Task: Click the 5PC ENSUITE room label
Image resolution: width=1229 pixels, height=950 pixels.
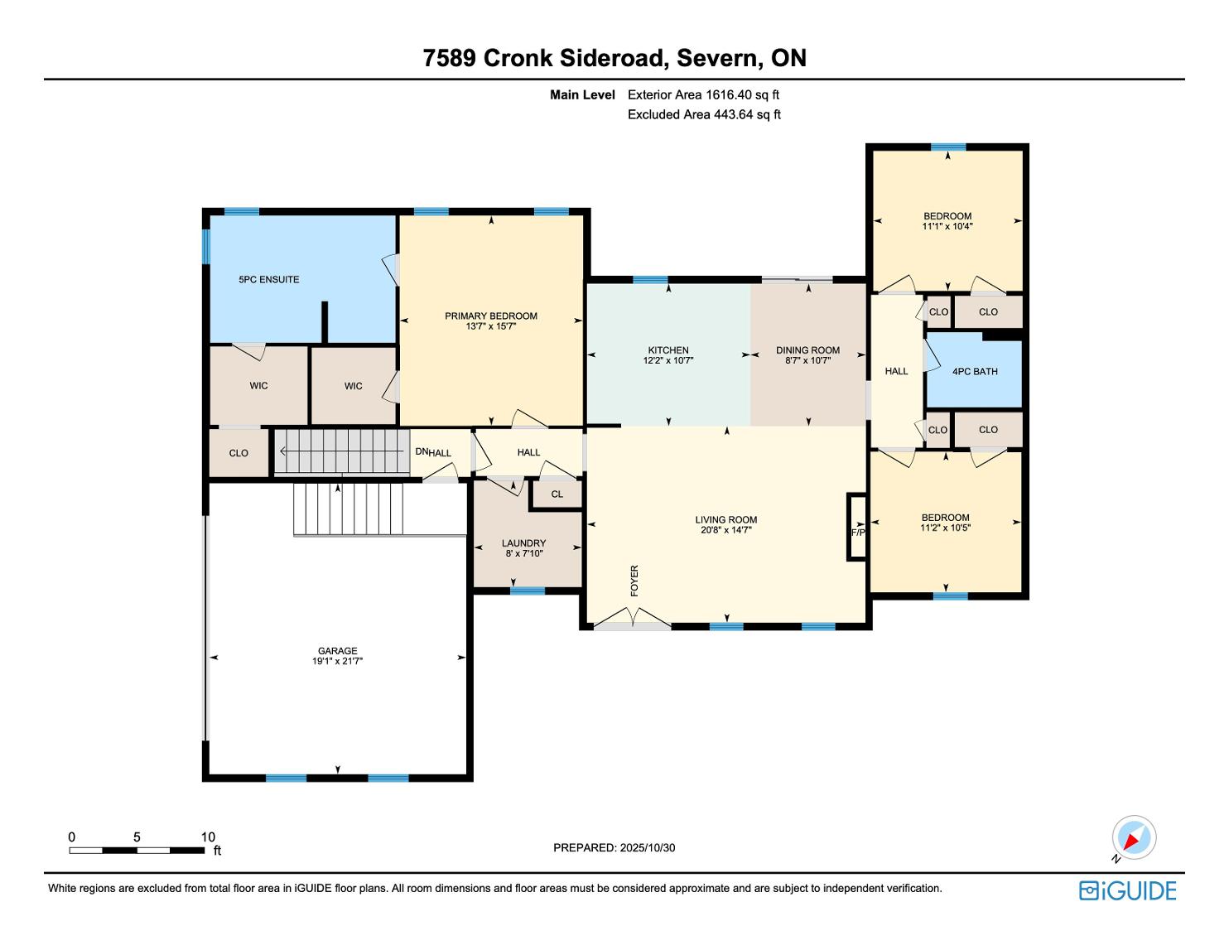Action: pos(268,279)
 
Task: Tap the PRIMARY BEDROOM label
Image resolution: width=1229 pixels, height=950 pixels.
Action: pos(491,316)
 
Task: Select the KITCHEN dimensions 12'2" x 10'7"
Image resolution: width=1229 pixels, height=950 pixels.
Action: pos(668,360)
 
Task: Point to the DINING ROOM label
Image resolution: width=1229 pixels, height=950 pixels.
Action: pos(807,350)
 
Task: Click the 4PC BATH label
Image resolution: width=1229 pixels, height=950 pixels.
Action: pos(975,372)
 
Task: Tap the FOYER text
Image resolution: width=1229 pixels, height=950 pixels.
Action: pos(634,580)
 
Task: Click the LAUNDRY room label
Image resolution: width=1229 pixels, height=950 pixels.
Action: pos(523,543)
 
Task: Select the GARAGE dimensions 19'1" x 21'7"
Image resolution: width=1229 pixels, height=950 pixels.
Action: pos(337,661)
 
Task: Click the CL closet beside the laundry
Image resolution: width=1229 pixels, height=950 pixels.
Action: pos(557,494)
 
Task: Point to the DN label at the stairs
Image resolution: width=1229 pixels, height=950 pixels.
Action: pos(422,451)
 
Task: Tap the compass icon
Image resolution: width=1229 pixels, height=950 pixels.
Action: pos(1134,838)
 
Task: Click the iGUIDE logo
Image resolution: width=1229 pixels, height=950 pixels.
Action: pos(1127,890)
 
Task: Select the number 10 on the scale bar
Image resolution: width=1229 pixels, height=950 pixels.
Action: pos(208,837)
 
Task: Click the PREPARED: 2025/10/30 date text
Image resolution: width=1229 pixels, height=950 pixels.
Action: pos(614,847)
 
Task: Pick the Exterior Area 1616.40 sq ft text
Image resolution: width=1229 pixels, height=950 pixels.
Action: pos(704,94)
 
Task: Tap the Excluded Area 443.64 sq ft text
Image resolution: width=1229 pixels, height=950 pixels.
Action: pos(704,114)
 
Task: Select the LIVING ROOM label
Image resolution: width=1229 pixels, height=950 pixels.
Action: pos(726,519)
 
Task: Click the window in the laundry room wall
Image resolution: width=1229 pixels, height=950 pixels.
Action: pos(527,591)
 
